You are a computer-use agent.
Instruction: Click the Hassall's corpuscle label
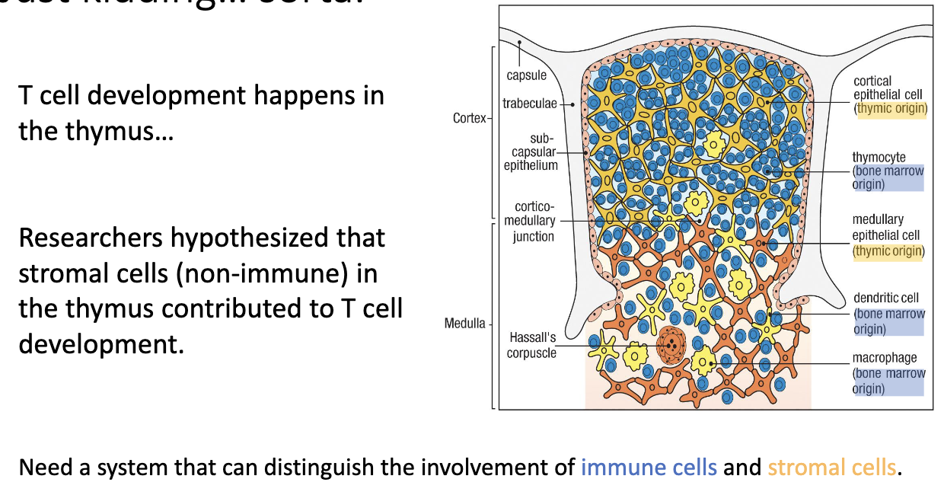(531, 345)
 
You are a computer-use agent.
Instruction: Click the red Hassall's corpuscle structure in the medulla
(671, 346)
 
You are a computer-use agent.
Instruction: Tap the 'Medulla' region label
(464, 324)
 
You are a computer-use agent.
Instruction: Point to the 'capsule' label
(526, 75)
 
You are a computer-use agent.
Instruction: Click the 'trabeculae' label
(529, 103)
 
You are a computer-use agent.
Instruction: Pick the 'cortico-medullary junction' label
(530, 221)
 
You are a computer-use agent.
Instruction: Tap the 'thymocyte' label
(879, 157)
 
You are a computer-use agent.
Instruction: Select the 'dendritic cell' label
(885, 298)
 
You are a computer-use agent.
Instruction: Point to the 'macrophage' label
(884, 358)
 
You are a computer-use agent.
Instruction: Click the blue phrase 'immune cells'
(649, 467)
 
